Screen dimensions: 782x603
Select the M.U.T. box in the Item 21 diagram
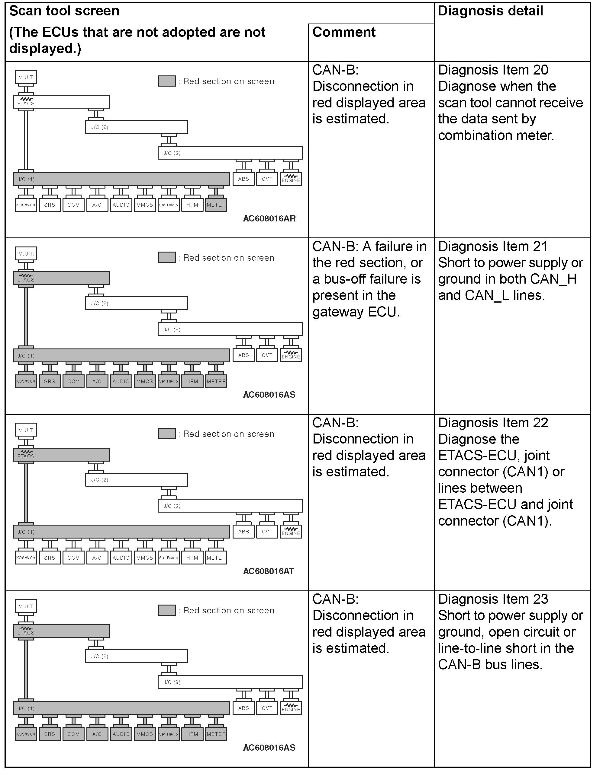26,253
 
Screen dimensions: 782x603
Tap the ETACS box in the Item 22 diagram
61,454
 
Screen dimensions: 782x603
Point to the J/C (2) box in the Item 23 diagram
136,656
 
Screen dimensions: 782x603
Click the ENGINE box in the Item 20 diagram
291,179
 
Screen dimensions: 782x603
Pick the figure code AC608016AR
269,218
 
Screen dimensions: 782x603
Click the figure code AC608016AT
268,571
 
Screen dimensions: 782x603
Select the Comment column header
344,32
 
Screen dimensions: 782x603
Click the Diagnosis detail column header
490,11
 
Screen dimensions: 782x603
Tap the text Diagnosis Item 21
493,246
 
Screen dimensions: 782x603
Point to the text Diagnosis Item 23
493,599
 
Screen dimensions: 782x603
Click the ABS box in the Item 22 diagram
243,532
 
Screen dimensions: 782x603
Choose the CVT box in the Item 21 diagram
267,355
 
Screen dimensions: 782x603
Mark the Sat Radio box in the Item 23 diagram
169,734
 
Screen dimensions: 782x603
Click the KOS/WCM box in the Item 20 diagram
26,205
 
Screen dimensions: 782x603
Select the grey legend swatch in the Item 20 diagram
167,81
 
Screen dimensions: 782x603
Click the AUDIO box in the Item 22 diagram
121,558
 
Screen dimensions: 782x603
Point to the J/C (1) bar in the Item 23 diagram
121,708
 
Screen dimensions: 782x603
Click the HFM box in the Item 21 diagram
192,381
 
